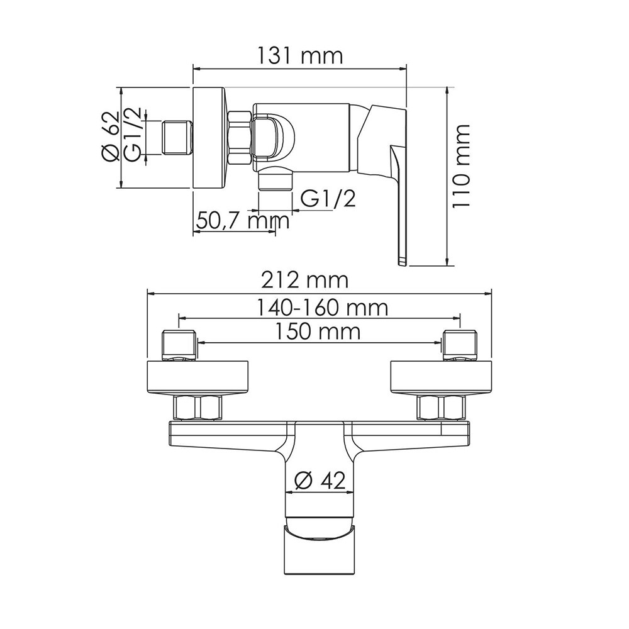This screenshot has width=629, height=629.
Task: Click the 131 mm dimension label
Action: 299,56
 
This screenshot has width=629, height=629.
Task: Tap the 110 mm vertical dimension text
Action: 461,165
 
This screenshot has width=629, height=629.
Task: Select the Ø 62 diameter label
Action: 111,136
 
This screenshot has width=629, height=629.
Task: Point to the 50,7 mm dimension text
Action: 243,221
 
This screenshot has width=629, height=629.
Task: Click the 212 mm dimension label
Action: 304,281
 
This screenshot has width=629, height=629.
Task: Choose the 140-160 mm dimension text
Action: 322,308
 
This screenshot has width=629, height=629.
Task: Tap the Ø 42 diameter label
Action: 320,480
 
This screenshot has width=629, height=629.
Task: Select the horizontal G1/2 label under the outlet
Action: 328,199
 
